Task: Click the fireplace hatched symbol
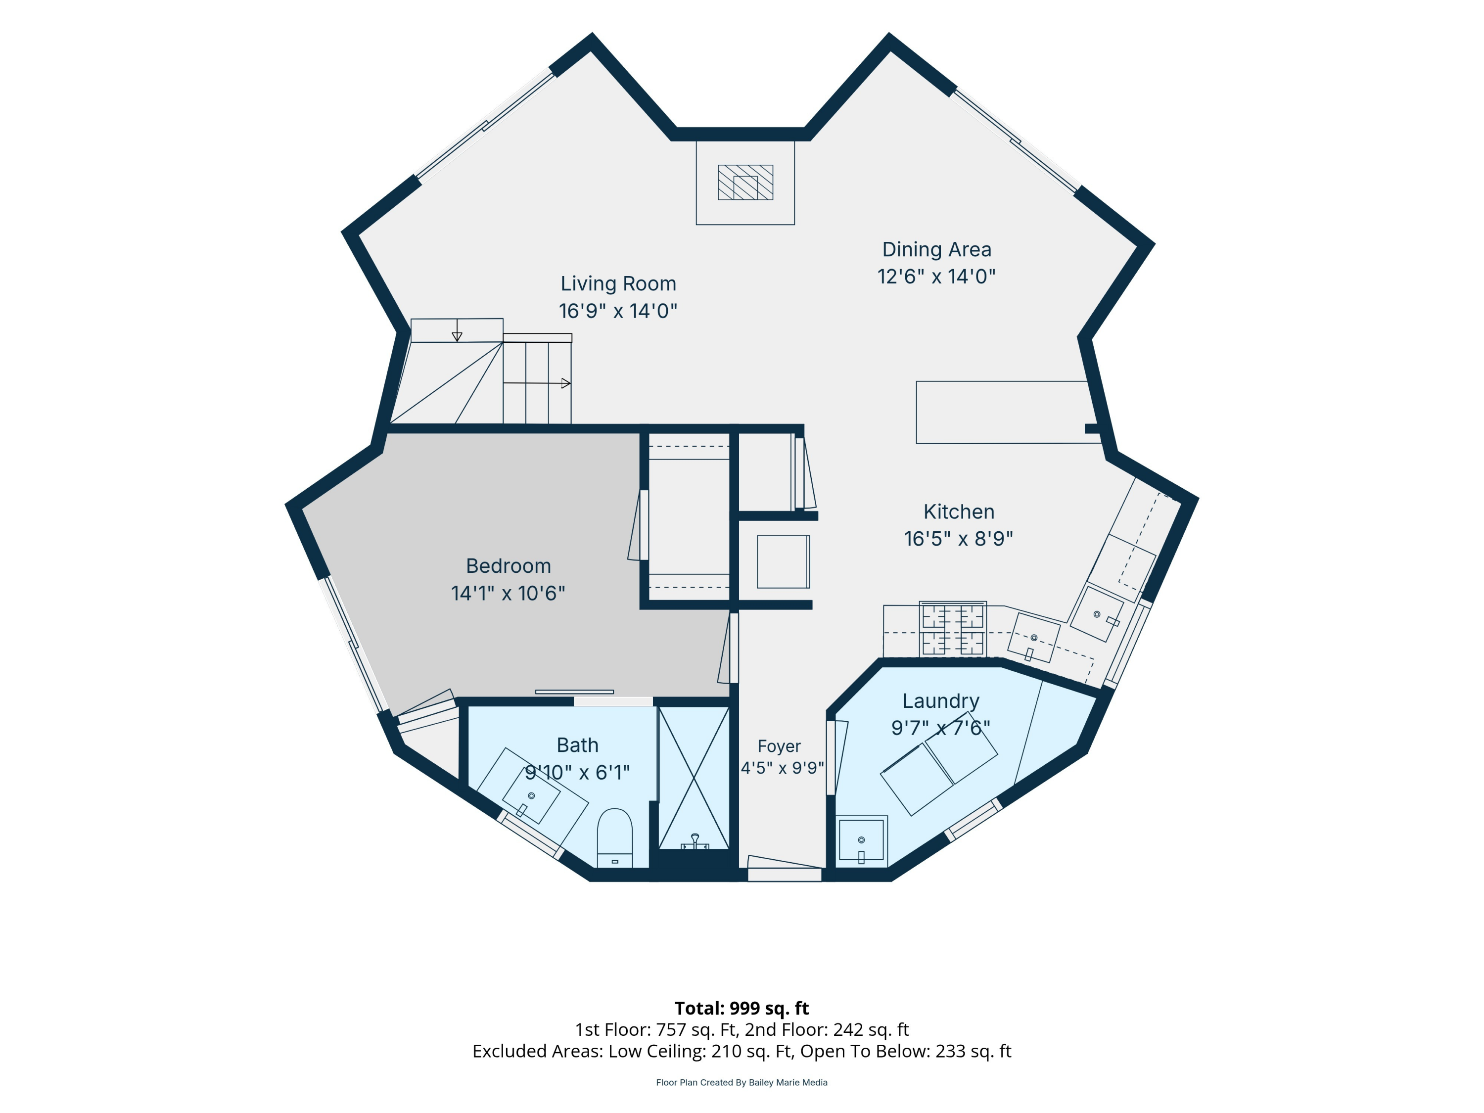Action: point(745,183)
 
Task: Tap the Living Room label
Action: point(618,284)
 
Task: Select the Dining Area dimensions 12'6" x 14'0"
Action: point(936,277)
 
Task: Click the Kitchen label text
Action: point(959,512)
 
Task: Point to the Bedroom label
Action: point(509,566)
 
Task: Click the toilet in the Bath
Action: point(614,838)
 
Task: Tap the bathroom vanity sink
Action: point(531,796)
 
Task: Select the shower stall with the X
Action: point(694,778)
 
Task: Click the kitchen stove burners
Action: point(953,629)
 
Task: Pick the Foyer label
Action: point(779,746)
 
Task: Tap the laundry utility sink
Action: point(861,840)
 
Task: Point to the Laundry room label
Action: point(940,701)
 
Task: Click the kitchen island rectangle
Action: point(1002,413)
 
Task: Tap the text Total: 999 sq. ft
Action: point(742,1008)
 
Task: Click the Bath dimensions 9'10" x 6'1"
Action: point(577,773)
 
